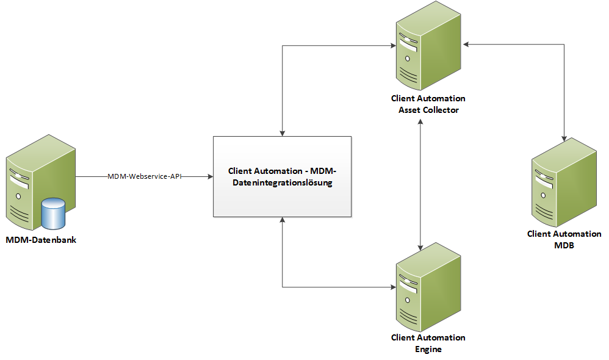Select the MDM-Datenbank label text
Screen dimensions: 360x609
41,240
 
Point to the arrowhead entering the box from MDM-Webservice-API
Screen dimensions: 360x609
209,176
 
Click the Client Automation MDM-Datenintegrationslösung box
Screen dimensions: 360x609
282,176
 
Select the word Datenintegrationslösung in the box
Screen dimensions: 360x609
282,182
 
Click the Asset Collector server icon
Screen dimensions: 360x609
428,52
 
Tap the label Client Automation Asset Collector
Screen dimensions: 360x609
428,104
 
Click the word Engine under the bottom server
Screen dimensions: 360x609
428,350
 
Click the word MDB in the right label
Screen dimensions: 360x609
564,245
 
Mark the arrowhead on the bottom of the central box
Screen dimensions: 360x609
283,220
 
